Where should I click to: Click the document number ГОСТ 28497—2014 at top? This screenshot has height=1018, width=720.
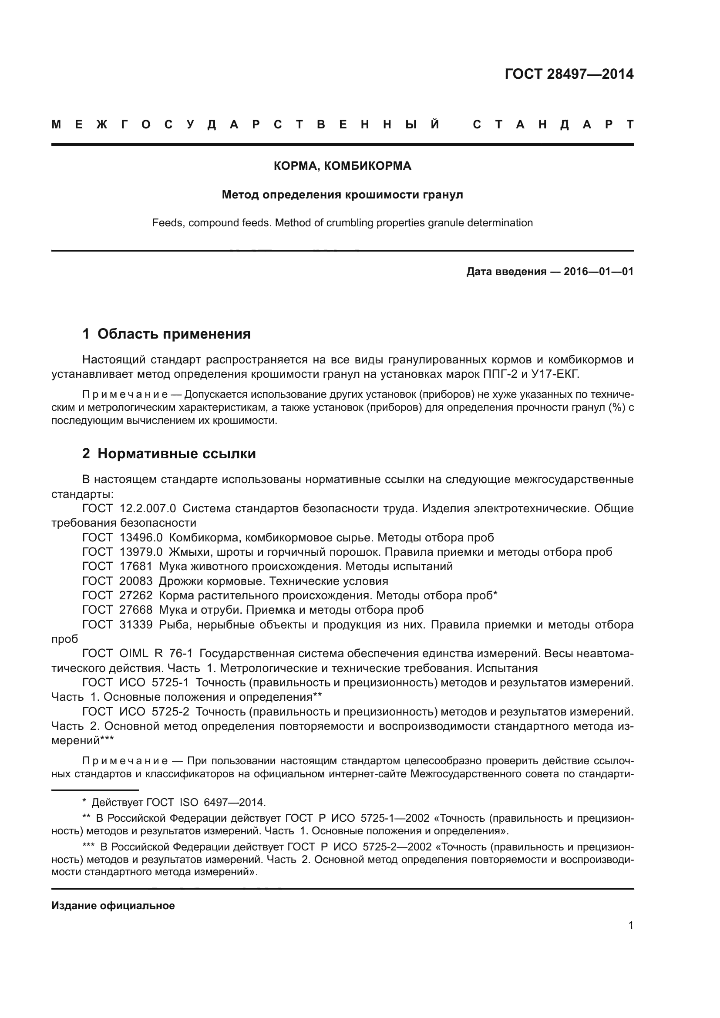(569, 74)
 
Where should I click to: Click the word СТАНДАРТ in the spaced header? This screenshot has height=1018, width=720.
(553, 125)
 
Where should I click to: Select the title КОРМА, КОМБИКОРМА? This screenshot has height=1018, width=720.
(342, 166)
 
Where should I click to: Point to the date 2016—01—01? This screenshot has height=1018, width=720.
(599, 271)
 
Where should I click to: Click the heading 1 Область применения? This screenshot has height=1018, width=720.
(166, 334)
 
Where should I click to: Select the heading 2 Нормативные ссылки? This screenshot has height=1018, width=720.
(169, 454)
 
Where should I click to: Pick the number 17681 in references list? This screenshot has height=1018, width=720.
(136, 567)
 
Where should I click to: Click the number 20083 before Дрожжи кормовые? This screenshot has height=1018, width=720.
(136, 581)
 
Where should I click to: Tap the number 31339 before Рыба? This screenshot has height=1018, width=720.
(136, 625)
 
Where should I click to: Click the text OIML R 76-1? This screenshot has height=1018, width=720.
(156, 654)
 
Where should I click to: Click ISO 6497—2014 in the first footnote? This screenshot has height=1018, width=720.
(222, 803)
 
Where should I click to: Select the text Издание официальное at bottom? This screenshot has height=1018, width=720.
(113, 906)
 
